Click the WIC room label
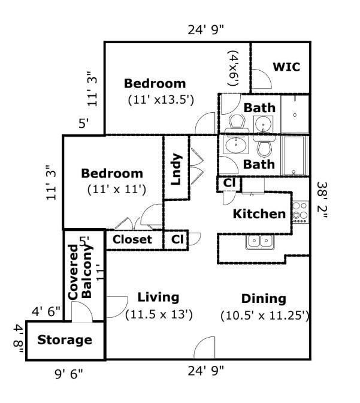[x=286, y=67]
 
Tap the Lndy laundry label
[x=176, y=169]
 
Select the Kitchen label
[x=259, y=214]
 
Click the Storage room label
[x=65, y=340]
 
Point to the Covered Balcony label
[x=80, y=272]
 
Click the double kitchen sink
[x=260, y=242]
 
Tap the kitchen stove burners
[x=301, y=212]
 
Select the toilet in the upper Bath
[x=237, y=124]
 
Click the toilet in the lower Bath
[x=264, y=147]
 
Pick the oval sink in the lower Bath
[x=236, y=145]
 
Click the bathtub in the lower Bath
[x=295, y=155]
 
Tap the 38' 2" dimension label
[x=322, y=200]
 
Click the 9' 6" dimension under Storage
[x=69, y=374]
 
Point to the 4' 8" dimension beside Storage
[x=19, y=339]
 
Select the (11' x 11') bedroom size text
[x=117, y=190]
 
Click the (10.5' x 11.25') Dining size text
[x=265, y=315]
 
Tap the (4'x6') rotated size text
[x=234, y=68]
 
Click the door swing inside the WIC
[x=261, y=79]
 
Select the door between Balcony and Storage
[x=82, y=312]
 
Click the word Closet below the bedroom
[x=132, y=239]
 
